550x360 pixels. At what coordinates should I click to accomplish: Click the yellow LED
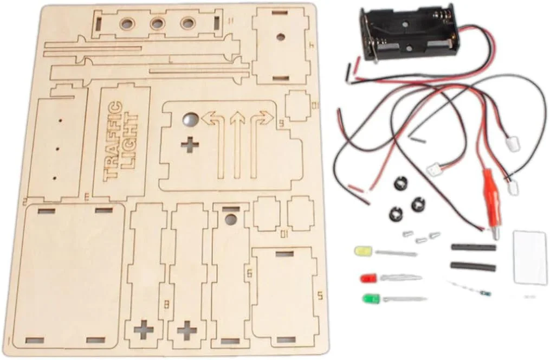click(362, 252)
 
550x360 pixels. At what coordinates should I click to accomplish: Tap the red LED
click(368, 278)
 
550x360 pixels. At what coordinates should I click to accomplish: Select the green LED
click(371, 298)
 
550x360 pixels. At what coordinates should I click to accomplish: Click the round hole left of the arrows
click(189, 118)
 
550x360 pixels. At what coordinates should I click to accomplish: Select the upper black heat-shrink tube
click(473, 247)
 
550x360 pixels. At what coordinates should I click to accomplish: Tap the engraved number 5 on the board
click(320, 295)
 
